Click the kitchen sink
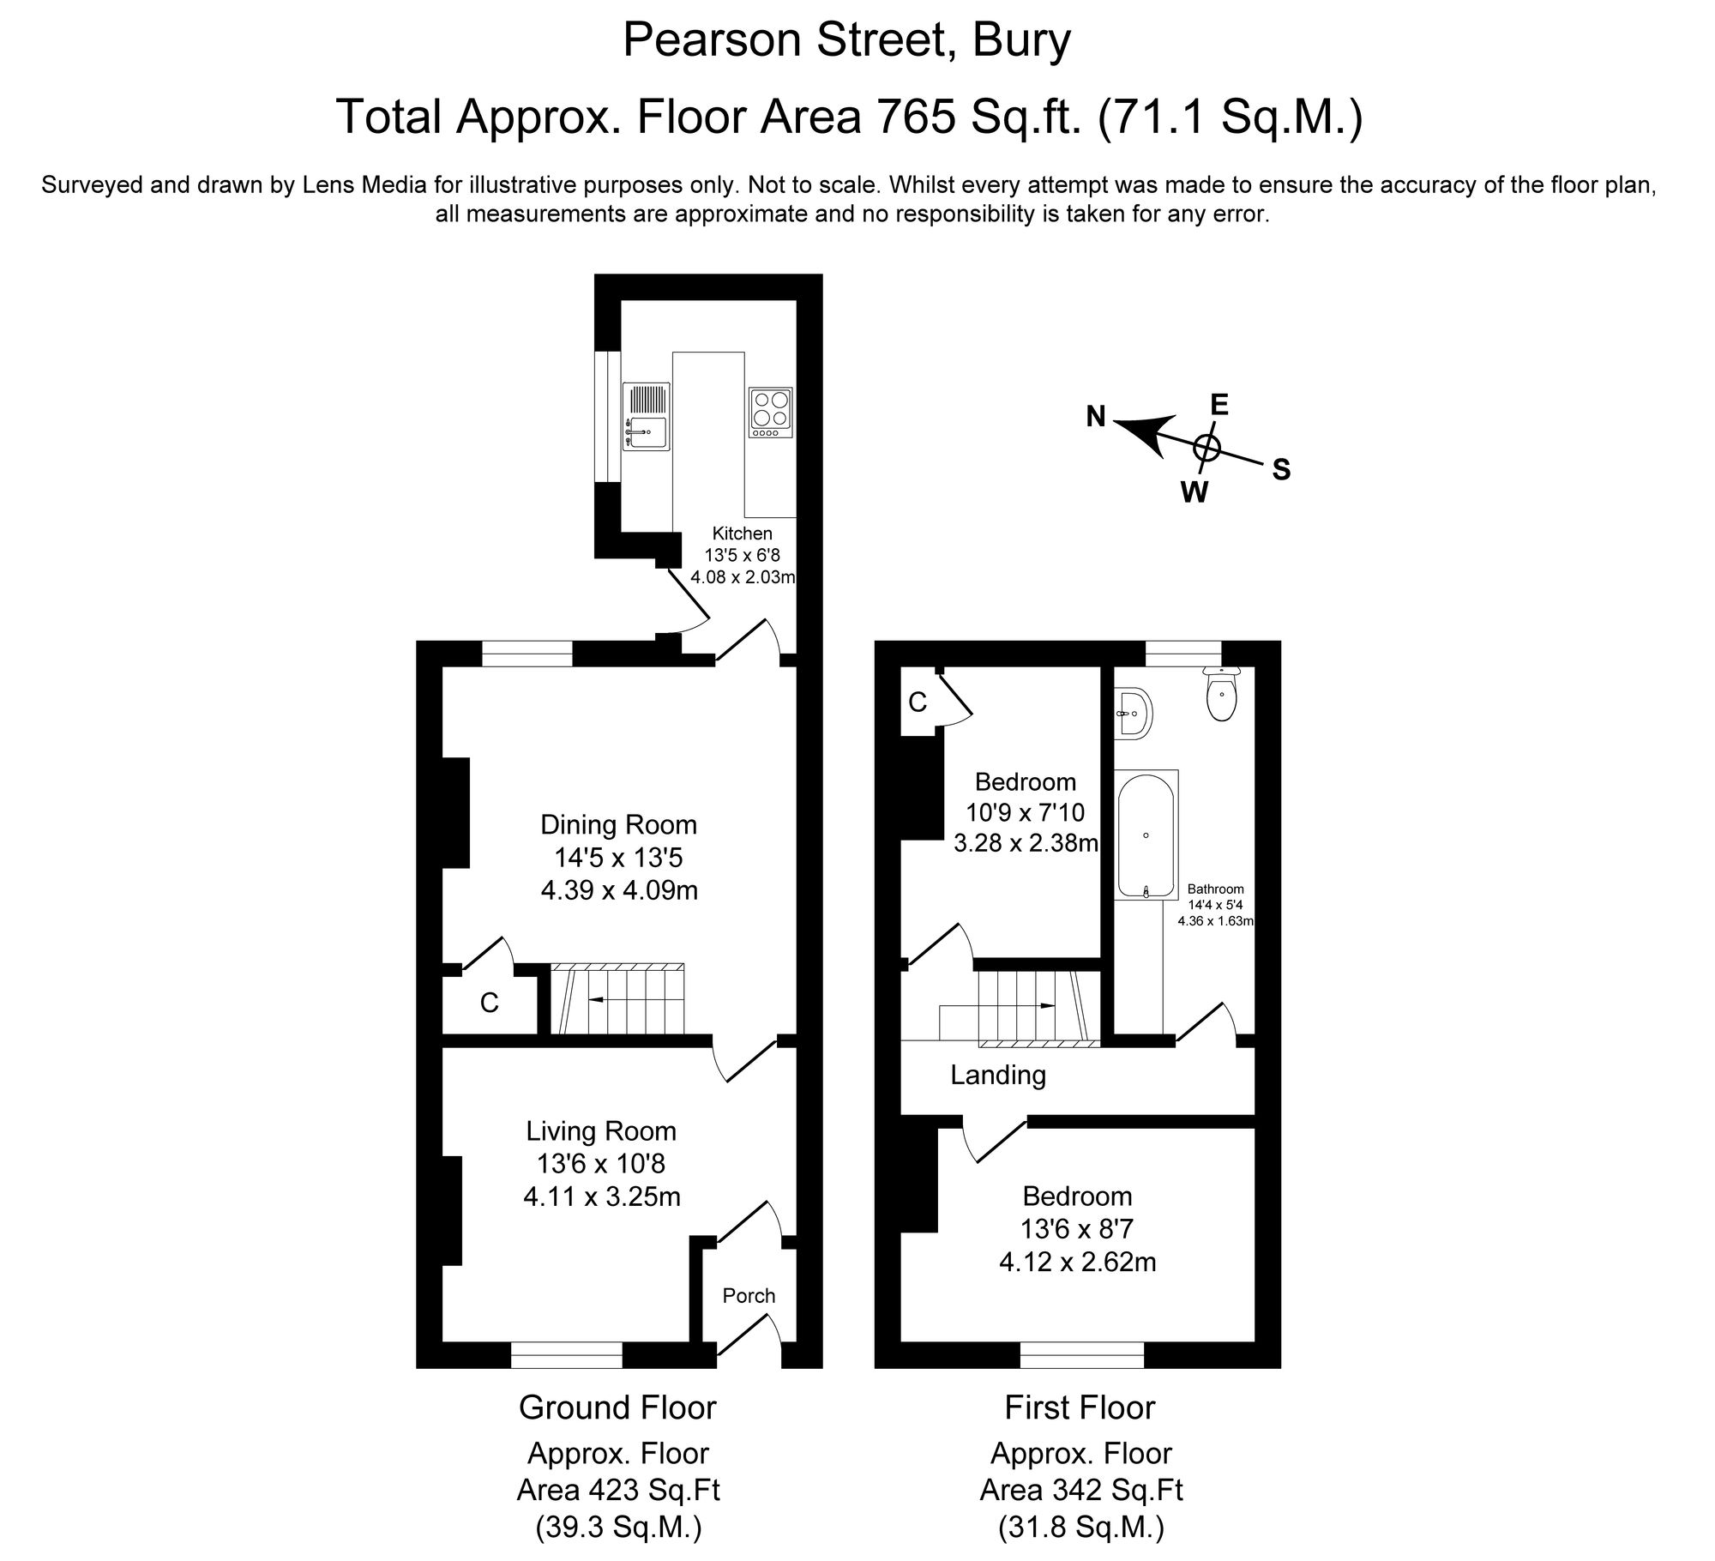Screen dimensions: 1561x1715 647,416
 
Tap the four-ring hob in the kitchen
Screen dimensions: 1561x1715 770,412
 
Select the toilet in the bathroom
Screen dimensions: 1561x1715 1221,696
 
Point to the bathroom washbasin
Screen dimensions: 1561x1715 1134,712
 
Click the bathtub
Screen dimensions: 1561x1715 1146,834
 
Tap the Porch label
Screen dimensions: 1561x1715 749,1295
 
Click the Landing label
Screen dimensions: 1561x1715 998,1075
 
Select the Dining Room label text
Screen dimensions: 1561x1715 618,825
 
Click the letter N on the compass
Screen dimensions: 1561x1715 1096,417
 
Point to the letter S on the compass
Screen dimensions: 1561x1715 1281,470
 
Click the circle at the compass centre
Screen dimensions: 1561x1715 1207,446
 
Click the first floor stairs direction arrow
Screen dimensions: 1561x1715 1044,1005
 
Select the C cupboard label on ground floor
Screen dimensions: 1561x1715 489,1003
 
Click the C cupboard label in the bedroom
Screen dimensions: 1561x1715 917,702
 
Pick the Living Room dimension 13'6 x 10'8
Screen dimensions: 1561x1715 601,1164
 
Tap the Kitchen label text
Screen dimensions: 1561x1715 743,533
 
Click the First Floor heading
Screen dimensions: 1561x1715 1080,1407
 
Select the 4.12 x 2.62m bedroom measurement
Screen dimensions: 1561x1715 1077,1262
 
